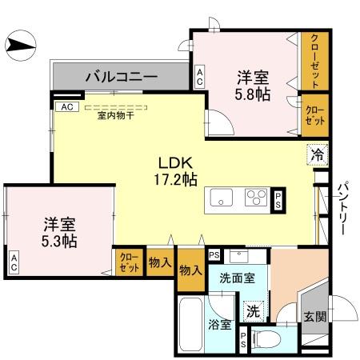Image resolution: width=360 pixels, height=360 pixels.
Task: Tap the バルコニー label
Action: [x=121, y=78]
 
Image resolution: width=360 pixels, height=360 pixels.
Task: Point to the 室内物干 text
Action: [x=116, y=115]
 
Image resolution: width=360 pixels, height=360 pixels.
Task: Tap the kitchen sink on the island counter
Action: [x=222, y=198]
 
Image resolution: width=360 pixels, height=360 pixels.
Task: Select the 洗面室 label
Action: [x=238, y=278]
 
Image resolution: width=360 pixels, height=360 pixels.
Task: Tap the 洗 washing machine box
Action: [x=252, y=310]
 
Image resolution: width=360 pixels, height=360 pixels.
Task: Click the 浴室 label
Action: [x=220, y=326]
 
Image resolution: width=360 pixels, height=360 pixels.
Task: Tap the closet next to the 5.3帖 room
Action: [x=128, y=262]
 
